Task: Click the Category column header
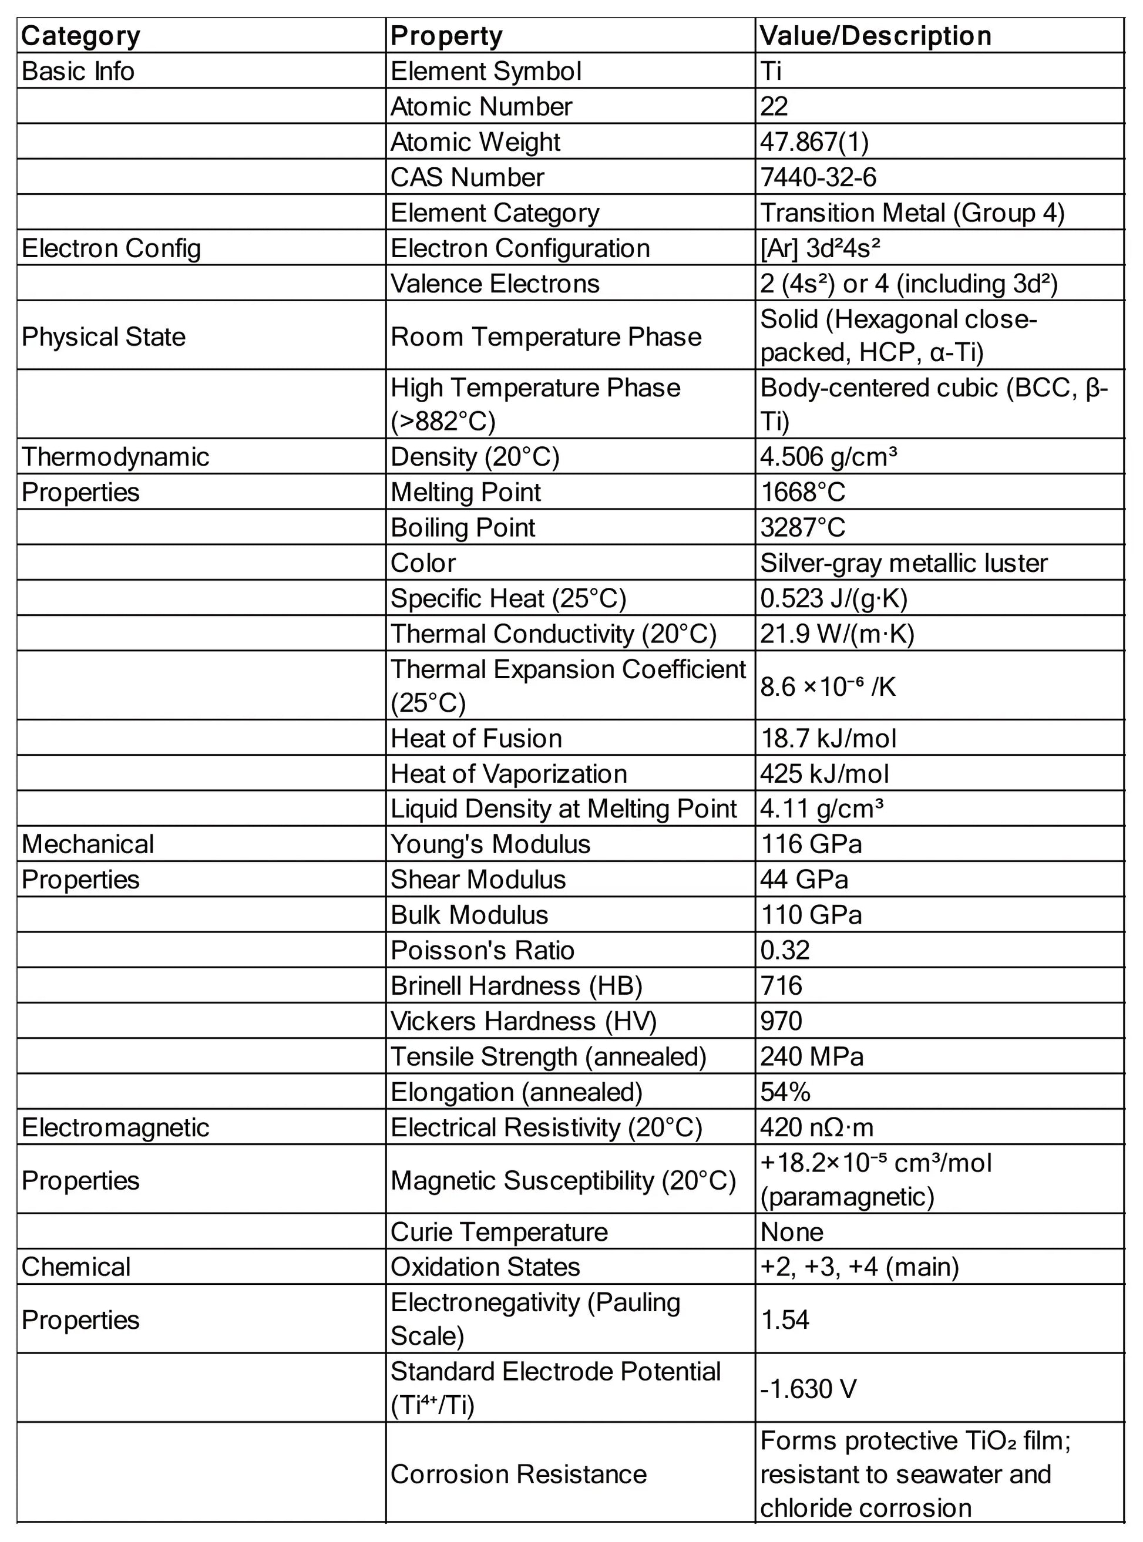click(81, 36)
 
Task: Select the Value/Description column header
click(875, 36)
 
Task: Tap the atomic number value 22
click(774, 106)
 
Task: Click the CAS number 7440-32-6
click(819, 177)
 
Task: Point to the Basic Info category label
click(78, 71)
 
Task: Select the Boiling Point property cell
click(463, 527)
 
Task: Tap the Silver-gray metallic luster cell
click(903, 563)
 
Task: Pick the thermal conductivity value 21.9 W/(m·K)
click(837, 634)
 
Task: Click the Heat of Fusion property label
click(476, 738)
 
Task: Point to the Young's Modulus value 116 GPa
click(811, 844)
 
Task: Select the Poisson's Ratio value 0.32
click(785, 950)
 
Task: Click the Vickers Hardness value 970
click(781, 1021)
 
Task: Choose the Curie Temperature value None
click(792, 1232)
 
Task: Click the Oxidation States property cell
click(485, 1267)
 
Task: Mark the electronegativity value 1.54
click(785, 1319)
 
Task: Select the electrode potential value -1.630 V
click(808, 1388)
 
